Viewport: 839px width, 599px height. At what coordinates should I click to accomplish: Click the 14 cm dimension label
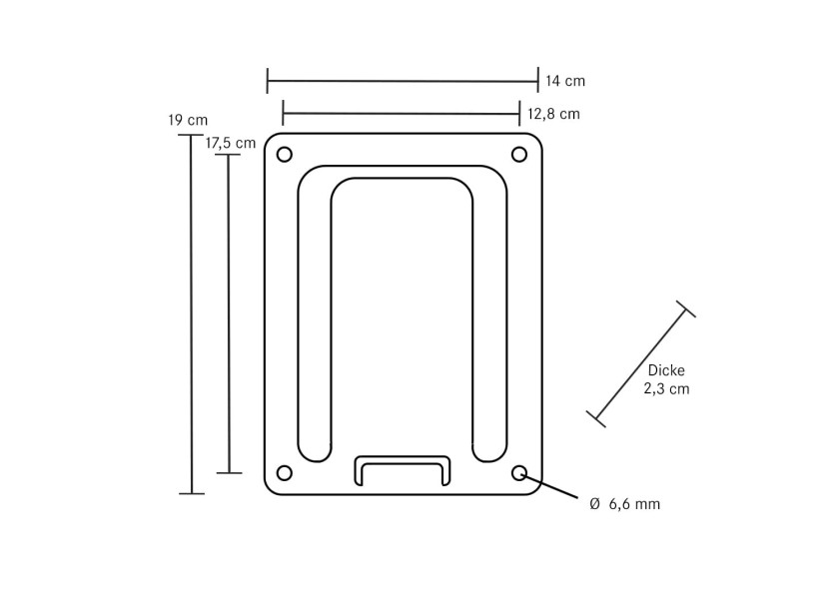pyautogui.click(x=565, y=81)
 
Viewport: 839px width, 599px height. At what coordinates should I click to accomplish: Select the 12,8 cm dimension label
pyautogui.click(x=553, y=114)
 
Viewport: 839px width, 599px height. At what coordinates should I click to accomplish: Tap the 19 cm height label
pyautogui.click(x=188, y=121)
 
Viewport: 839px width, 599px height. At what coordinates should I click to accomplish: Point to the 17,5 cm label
pyautogui.click(x=231, y=144)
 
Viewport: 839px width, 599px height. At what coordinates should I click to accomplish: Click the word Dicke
pyautogui.click(x=666, y=370)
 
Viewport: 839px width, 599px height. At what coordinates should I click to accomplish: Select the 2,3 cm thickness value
pyautogui.click(x=666, y=388)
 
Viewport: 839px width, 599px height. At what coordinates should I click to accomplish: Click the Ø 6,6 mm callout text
pyautogui.click(x=624, y=504)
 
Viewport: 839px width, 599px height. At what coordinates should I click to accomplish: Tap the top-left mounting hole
pyautogui.click(x=285, y=155)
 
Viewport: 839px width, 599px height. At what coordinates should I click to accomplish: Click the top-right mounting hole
pyautogui.click(x=519, y=155)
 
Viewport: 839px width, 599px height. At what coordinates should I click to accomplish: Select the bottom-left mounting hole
pyautogui.click(x=285, y=473)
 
